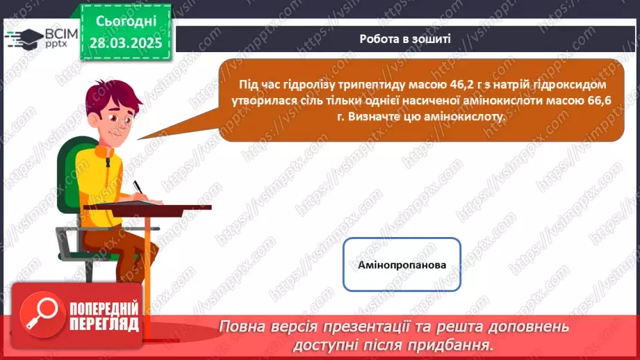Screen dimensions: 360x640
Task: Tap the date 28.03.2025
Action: (x=126, y=42)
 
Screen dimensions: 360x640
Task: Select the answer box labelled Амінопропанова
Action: (x=402, y=265)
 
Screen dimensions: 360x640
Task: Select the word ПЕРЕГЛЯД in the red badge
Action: (x=104, y=323)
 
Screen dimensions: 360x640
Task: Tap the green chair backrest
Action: (x=69, y=174)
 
